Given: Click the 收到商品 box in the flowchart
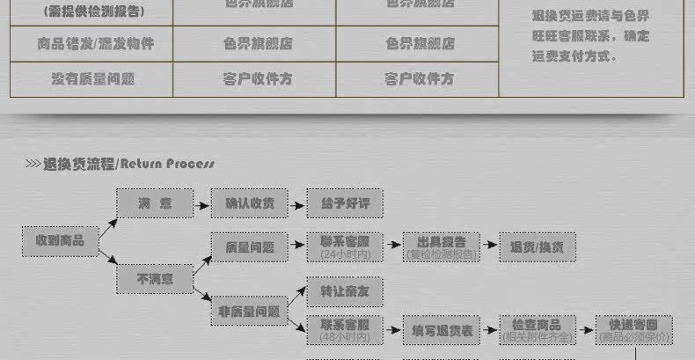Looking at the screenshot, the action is click(60, 240).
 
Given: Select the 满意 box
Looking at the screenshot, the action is click(155, 203).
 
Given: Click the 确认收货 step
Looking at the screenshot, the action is click(250, 203).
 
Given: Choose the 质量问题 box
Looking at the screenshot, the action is click(250, 247).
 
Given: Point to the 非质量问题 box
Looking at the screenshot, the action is click(250, 311).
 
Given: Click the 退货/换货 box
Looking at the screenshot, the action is click(538, 247).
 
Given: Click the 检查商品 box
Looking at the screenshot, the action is click(538, 330).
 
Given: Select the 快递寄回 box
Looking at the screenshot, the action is click(633, 330).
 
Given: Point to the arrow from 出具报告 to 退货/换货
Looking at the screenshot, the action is click(490, 247).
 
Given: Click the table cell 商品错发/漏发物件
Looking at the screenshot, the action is click(91, 43).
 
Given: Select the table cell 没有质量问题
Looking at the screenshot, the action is click(91, 78).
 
